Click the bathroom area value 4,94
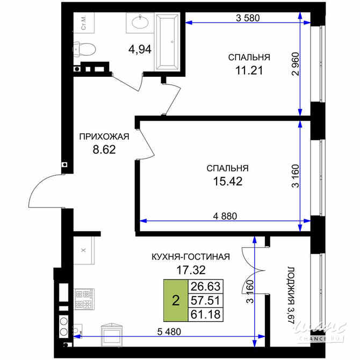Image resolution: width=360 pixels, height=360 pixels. click(x=140, y=49)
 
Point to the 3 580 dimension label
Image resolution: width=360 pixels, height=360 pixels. click(x=248, y=18)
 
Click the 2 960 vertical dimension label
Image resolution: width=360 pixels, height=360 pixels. click(x=296, y=64)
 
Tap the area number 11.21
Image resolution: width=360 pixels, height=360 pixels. click(x=249, y=70)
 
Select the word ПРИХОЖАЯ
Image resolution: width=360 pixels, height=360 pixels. click(x=104, y=136)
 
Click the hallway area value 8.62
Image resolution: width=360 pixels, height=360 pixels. click(x=104, y=150)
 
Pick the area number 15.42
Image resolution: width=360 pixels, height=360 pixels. click(x=228, y=182)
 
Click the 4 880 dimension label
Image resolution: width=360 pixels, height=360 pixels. click(x=225, y=216)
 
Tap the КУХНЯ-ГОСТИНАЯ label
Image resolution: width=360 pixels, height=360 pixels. click(x=191, y=257)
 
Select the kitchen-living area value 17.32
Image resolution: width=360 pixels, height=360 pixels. click(x=191, y=270)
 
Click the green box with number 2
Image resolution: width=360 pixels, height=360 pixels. click(x=176, y=300)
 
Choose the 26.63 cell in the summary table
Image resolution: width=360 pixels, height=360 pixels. click(x=205, y=286)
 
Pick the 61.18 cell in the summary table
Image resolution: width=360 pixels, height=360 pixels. click(x=205, y=314)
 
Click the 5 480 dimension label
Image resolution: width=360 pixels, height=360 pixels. click(x=169, y=332)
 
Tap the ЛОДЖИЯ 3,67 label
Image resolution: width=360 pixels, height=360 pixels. click(x=291, y=296)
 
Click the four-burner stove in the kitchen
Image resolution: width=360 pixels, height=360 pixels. click(x=84, y=299)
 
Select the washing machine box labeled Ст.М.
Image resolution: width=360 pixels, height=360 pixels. click(x=84, y=23)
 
